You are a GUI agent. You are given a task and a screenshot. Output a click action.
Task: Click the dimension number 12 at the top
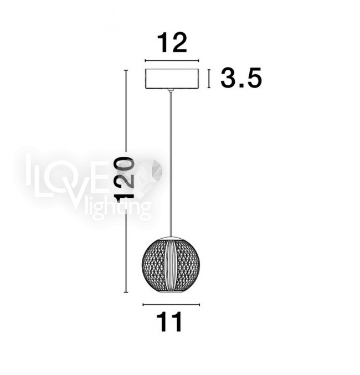pos(172,43)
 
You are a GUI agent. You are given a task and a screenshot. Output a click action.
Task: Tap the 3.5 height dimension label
pos(241,78)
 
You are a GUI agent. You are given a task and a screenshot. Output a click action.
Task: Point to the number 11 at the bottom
pos(169,322)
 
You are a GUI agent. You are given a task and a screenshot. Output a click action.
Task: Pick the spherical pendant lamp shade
pos(171,265)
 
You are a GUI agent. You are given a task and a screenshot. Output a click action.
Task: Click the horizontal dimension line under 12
pos(172,61)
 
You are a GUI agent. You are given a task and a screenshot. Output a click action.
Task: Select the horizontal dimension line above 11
pos(171,305)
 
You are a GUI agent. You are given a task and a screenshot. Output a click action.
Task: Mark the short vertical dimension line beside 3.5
pos(209,79)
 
